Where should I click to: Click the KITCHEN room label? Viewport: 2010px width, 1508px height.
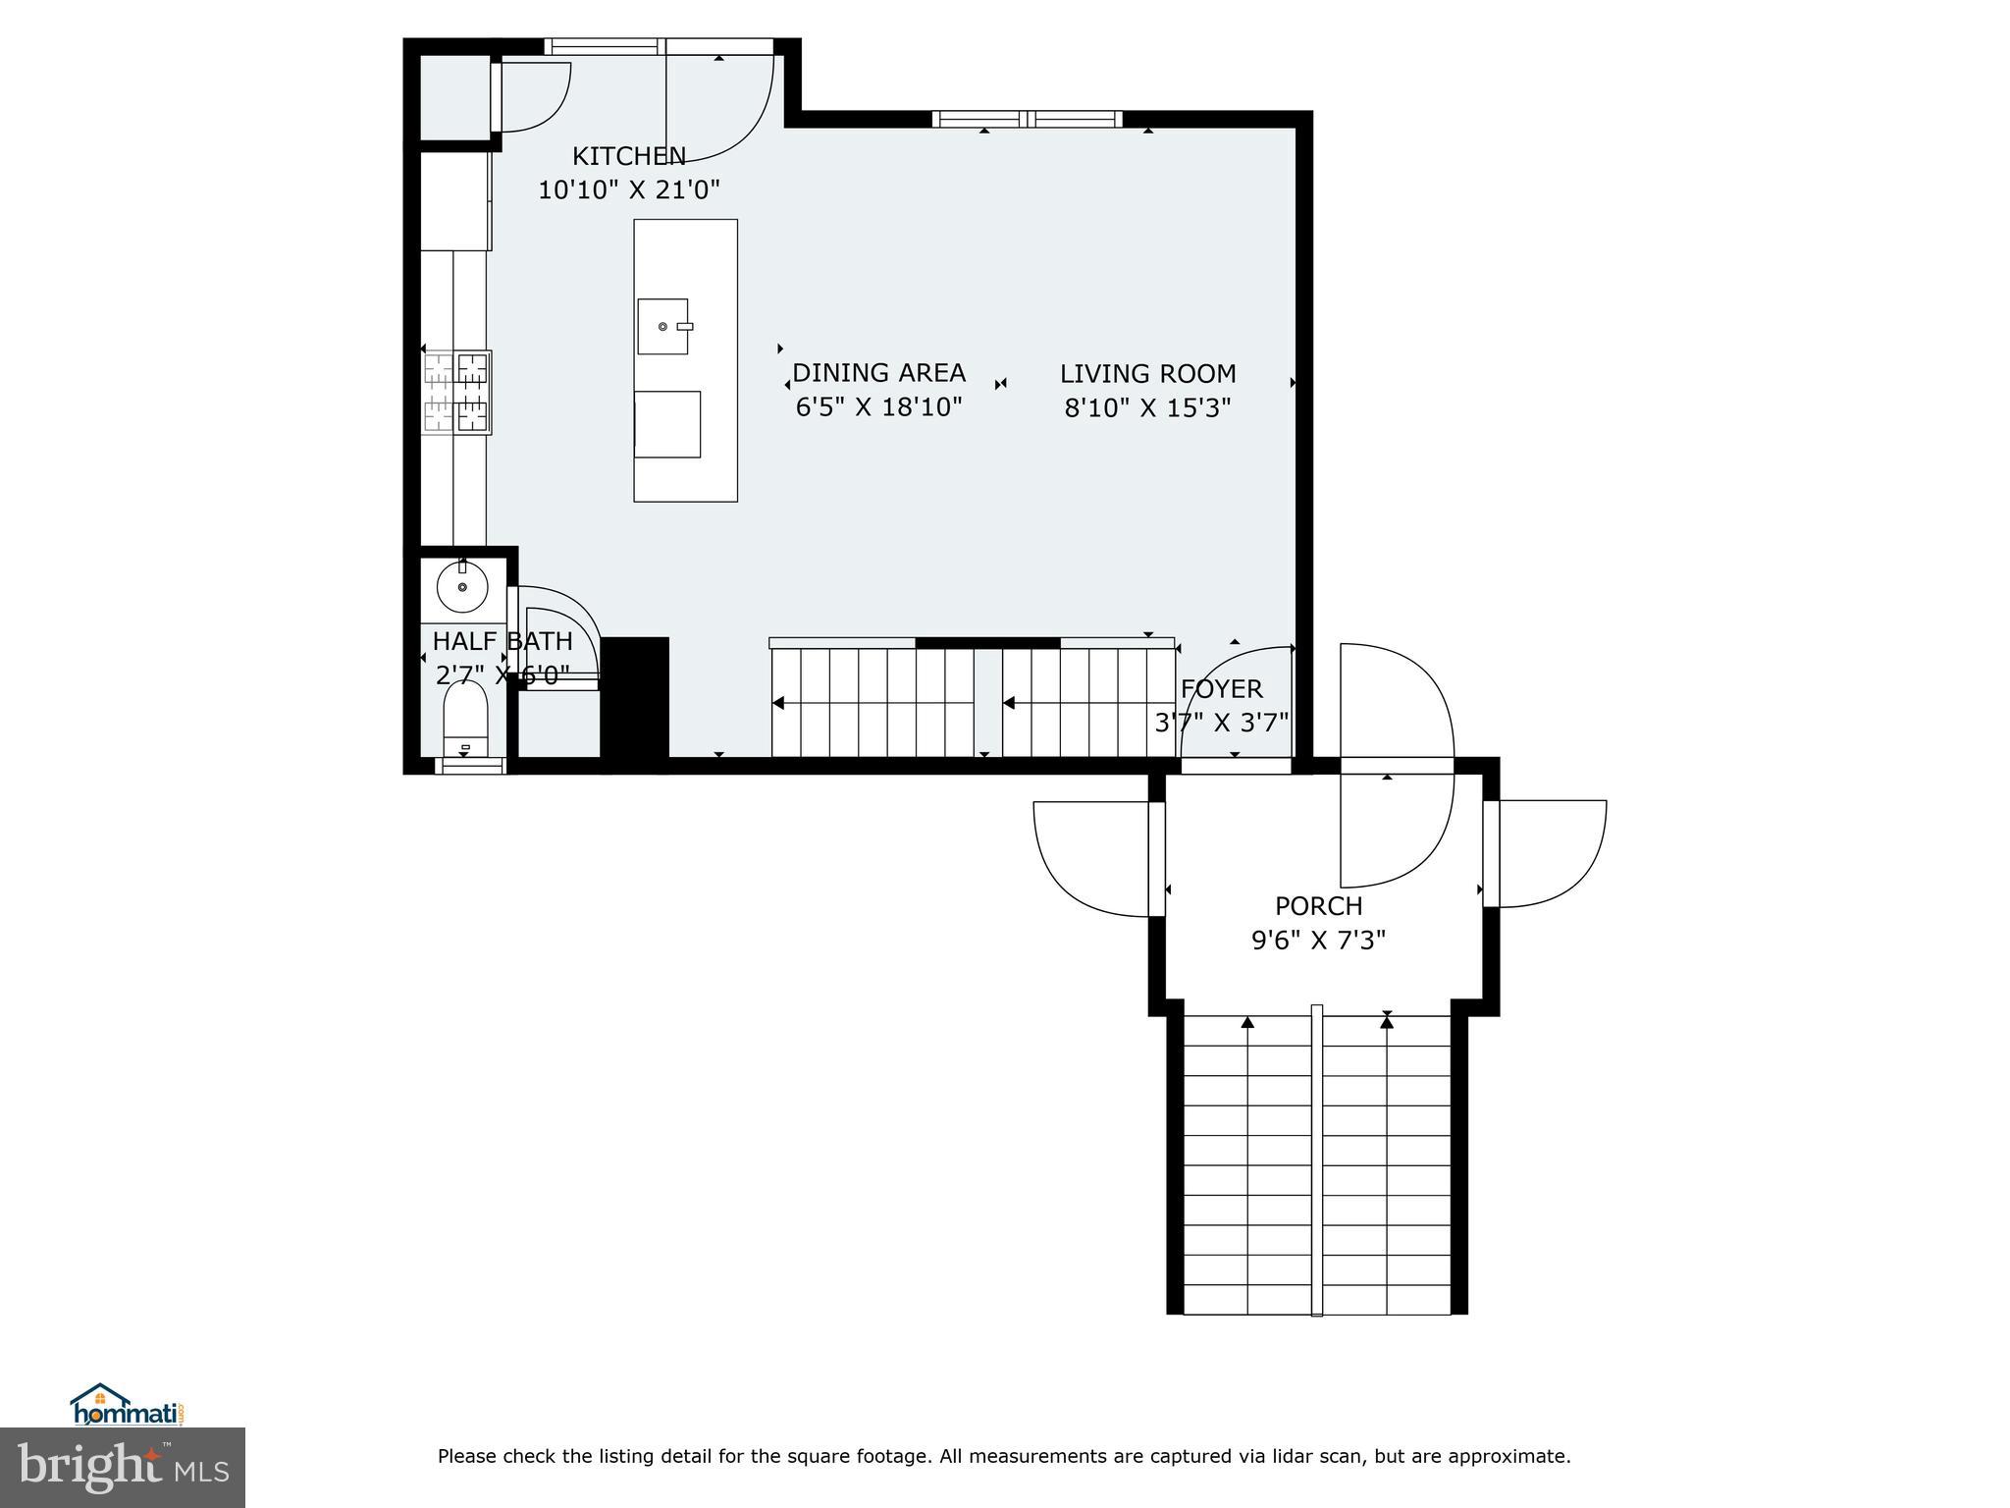pyautogui.click(x=628, y=156)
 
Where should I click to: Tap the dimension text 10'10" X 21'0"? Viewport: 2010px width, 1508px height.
pyautogui.click(x=628, y=189)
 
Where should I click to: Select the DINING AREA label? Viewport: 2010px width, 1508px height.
pyautogui.click(x=878, y=373)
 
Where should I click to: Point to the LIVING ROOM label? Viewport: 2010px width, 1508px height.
pyautogui.click(x=1147, y=374)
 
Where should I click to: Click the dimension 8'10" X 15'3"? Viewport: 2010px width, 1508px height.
pyautogui.click(x=1147, y=407)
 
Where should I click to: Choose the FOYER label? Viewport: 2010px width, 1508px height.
pyautogui.click(x=1221, y=689)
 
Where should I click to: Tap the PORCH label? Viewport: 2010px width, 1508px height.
pyautogui.click(x=1318, y=906)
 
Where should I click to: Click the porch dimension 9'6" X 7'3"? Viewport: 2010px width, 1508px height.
pyautogui.click(x=1318, y=941)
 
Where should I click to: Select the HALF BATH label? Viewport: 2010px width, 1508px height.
pyautogui.click(x=502, y=641)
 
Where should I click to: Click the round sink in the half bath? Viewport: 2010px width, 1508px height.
pyautogui.click(x=462, y=588)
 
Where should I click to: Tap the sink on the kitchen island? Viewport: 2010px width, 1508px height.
pyautogui.click(x=663, y=326)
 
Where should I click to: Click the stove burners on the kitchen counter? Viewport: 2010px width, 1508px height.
pyautogui.click(x=456, y=393)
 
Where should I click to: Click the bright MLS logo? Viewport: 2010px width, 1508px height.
pyautogui.click(x=122, y=1468)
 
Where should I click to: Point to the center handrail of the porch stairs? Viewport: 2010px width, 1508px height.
pyautogui.click(x=1317, y=1158)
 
